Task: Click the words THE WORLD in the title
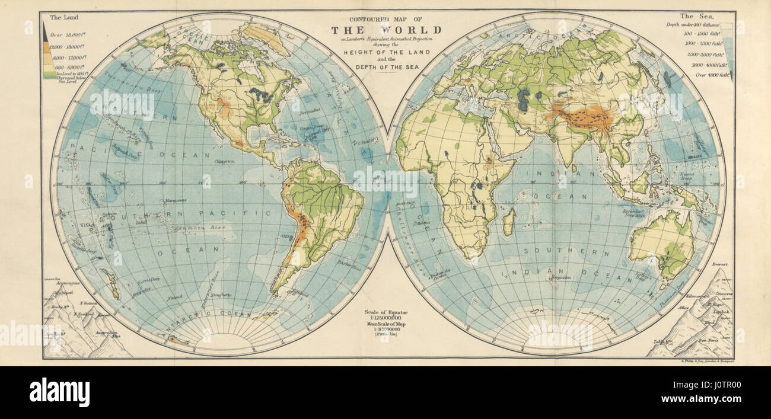(386, 30)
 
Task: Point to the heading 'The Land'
(63, 18)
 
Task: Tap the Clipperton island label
(225, 161)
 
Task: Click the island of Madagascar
(508, 222)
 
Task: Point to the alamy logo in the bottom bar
(59, 392)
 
